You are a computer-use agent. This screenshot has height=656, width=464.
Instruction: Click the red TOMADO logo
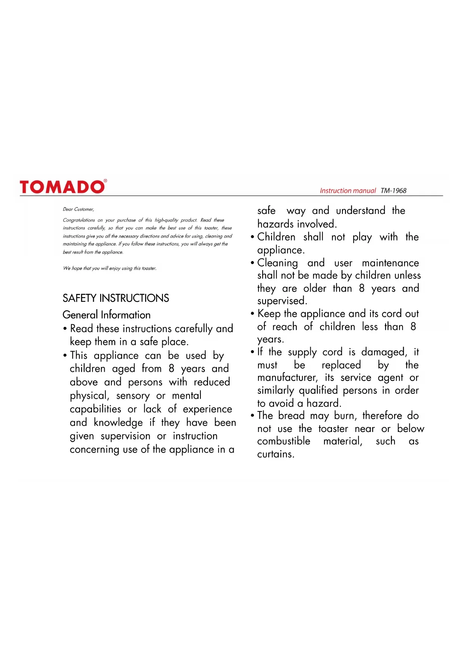coord(63,187)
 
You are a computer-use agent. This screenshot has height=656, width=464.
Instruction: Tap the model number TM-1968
coord(393,191)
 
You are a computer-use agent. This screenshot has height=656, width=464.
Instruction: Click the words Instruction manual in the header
coord(348,191)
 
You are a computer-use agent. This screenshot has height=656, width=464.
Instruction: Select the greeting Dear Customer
coord(79,209)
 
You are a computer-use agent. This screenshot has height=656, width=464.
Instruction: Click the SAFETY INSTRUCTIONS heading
coord(116,298)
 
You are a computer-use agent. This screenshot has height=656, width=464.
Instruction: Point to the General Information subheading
coord(107,315)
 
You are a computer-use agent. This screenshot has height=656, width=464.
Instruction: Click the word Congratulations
coord(79,220)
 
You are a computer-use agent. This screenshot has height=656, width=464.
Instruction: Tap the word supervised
coord(282,301)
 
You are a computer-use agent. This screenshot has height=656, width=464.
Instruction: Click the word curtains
coord(275,454)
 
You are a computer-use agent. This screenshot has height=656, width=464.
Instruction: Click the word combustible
coord(283,441)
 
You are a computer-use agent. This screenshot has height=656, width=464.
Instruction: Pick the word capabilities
coord(95,409)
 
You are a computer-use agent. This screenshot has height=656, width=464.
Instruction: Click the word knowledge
coord(118,423)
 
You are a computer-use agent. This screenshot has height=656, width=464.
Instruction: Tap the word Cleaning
coord(277,263)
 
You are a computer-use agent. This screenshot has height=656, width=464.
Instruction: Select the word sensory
coord(133,396)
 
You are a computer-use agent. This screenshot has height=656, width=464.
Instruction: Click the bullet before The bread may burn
coord(253,416)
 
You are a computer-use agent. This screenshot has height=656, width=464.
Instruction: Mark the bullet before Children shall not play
coord(253,237)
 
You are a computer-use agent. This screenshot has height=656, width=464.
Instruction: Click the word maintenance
coord(390,263)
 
